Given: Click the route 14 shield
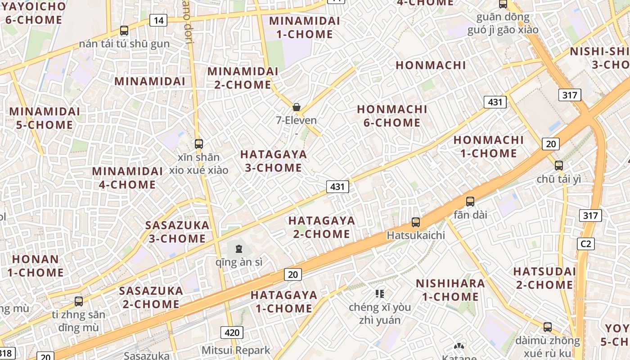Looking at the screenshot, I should point(158,20).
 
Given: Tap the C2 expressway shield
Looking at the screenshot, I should point(585,244).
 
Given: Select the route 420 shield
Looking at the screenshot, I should point(232,333).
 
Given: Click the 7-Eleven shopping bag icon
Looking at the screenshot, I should point(297,107).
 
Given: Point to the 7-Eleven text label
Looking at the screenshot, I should point(297,121).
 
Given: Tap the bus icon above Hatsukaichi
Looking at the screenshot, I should point(416,222).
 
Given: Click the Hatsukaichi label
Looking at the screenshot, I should point(416,235).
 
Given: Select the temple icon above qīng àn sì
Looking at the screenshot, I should point(239,248).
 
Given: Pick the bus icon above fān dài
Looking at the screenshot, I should point(470,201).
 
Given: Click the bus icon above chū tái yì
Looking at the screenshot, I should point(559,165).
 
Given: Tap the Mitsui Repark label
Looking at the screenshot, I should point(236,350).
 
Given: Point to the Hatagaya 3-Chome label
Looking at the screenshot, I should point(273,161).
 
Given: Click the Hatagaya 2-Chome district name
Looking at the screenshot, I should point(321,227).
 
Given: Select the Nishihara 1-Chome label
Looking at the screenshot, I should point(450,290).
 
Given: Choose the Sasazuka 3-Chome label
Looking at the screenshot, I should point(177,232).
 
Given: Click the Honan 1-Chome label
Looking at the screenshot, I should point(36,265).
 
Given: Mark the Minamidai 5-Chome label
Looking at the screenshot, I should point(45,118).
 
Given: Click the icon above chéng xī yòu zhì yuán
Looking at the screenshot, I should point(380,294).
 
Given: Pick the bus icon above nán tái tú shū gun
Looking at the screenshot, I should point(124,31).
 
